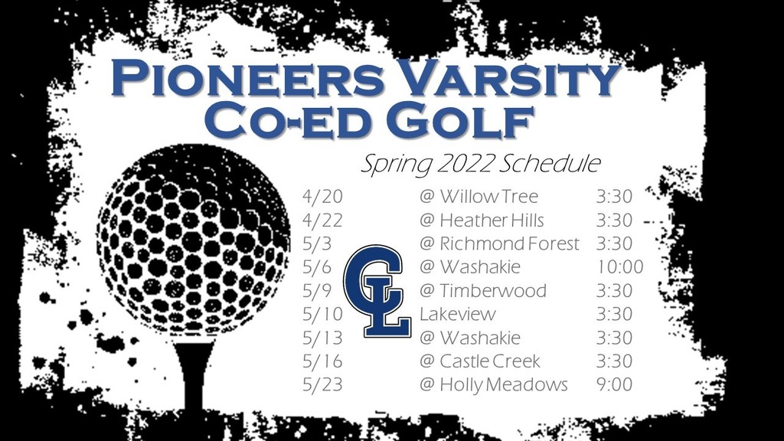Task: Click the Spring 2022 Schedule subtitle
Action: (x=480, y=164)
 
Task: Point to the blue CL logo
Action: (x=377, y=290)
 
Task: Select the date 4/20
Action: (x=322, y=197)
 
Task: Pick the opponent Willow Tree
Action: (x=479, y=197)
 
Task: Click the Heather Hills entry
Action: (x=482, y=220)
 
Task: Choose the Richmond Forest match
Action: (x=499, y=243)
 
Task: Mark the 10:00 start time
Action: (x=619, y=267)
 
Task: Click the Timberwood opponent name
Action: (x=482, y=290)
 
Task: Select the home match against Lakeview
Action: (x=458, y=314)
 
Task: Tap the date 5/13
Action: (x=322, y=338)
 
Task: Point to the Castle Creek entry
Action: (x=480, y=361)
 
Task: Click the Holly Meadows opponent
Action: (x=494, y=384)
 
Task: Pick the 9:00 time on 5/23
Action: (x=614, y=384)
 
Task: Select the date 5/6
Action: (x=316, y=267)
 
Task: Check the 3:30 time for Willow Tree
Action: (x=614, y=197)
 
